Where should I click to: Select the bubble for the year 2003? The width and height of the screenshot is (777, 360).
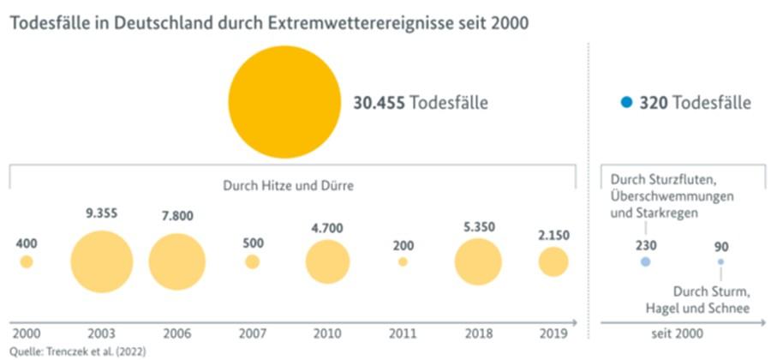tap(102, 261)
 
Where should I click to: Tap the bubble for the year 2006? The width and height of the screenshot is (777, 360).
tap(177, 261)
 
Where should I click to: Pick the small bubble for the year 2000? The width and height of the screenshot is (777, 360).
tap(27, 261)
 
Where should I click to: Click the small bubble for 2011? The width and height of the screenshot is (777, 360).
tap(403, 261)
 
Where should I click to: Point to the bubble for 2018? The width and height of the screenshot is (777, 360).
tap(478, 261)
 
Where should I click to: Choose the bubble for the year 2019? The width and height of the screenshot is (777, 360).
tap(553, 261)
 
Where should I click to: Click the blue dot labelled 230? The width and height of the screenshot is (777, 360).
tap(645, 261)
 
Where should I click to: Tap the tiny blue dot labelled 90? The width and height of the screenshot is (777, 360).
tap(720, 261)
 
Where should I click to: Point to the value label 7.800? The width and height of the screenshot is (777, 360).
tap(177, 216)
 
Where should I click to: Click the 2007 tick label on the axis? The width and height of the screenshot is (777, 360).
tap(252, 333)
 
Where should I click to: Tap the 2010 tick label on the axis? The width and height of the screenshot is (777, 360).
tap(327, 333)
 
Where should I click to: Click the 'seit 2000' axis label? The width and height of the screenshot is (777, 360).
tap(683, 333)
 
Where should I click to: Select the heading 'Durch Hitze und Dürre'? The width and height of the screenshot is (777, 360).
tap(288, 184)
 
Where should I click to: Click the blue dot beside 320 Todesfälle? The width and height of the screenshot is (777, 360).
tap(627, 103)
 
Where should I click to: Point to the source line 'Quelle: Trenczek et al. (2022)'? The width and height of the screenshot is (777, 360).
tap(73, 351)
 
